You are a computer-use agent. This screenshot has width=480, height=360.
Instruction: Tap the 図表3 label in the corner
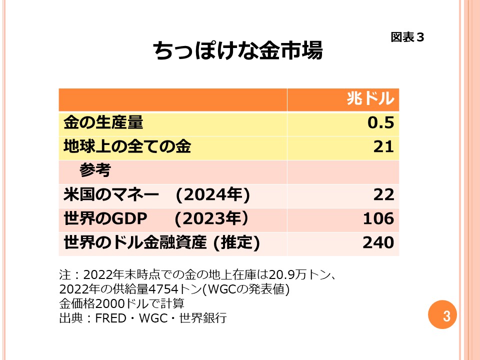coord(407,37)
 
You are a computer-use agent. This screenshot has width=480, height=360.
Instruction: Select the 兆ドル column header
coord(370,99)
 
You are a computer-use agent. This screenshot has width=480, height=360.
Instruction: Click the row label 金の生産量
coord(103,122)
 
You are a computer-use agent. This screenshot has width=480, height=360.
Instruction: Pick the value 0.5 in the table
coord(381,122)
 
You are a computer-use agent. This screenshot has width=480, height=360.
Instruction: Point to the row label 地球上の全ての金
coord(127,146)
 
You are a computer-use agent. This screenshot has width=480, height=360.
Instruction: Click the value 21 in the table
coord(383,146)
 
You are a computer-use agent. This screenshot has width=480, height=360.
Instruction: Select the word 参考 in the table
coord(94,170)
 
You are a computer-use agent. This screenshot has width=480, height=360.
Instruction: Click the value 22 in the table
coord(383,194)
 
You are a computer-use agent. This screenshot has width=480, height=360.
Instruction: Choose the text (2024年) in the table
coord(212,194)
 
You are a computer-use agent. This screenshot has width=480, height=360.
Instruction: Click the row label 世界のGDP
coord(106,218)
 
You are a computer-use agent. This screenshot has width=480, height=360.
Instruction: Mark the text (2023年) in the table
coord(211,218)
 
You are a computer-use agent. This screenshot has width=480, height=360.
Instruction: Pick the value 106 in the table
coord(378,218)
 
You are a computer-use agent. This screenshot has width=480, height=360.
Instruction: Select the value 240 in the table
coord(378,242)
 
